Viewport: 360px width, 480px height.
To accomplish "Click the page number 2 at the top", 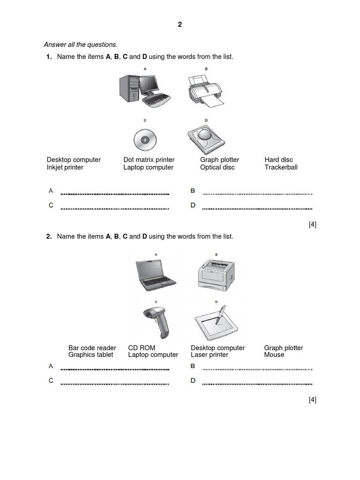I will (x=180, y=25).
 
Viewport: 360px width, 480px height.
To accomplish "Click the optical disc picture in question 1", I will (x=144, y=139).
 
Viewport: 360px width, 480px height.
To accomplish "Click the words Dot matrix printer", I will (x=149, y=160).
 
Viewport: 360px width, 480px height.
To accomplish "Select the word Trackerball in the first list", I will (x=281, y=167).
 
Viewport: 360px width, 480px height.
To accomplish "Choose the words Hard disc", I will (x=278, y=160).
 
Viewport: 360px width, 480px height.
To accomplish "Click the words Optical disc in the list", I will (x=217, y=167).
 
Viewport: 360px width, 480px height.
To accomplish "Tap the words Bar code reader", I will (x=92, y=348).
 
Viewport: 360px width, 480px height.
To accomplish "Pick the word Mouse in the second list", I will (x=274, y=355).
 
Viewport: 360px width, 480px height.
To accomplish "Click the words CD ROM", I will (x=141, y=348).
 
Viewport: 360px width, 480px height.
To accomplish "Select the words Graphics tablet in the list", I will (x=90, y=355).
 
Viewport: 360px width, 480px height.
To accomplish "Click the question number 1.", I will (x=48, y=57).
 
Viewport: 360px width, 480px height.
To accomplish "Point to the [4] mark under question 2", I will (x=312, y=400).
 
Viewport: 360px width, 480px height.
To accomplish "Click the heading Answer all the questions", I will (x=80, y=45).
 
